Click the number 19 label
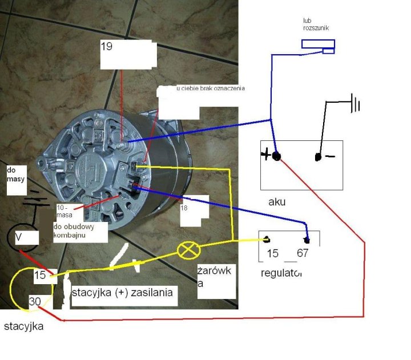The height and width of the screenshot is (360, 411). pos(107,47)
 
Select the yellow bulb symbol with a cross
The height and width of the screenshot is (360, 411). pos(188,249)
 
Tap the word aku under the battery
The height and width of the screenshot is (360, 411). pos(276,203)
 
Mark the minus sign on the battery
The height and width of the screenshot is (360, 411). pos(329,156)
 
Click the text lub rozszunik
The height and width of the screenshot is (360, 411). pos(316,25)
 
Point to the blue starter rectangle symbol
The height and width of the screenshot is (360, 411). pos(318,45)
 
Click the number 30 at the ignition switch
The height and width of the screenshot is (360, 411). pos(35,301)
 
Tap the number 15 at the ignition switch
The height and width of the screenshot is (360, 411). pos(41,276)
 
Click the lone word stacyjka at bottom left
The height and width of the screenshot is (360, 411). pos(23,327)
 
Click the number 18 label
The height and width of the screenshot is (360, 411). pos(184,209)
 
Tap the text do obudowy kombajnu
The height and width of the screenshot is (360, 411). pos(72,230)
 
